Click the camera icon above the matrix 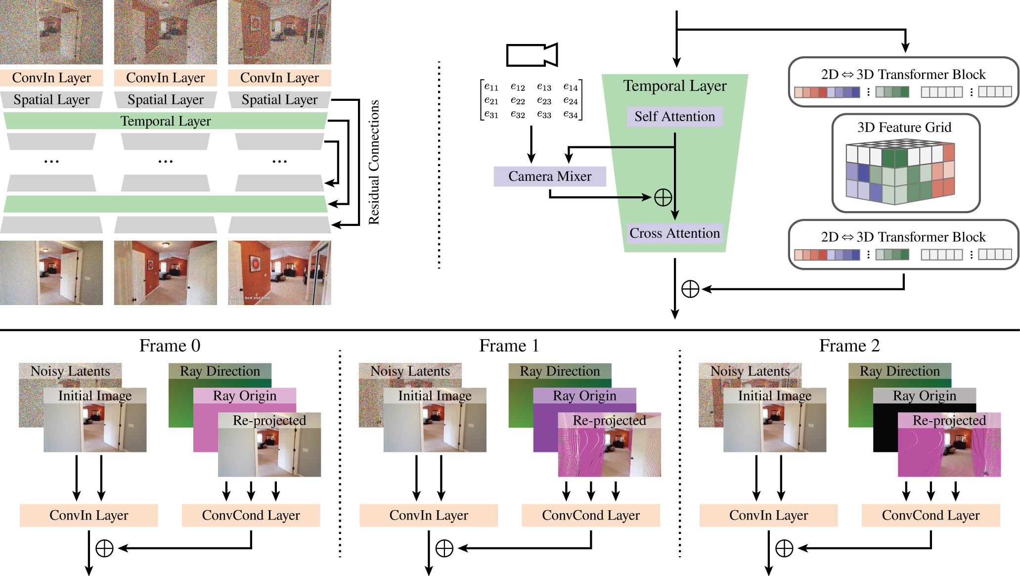tap(532, 54)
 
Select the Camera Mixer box tap(549, 177)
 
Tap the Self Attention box tap(674, 117)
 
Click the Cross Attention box tap(674, 233)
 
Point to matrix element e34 tap(570, 115)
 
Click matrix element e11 tap(491, 87)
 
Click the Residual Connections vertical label tap(374, 162)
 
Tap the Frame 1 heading tap(509, 346)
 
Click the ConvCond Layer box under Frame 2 tap(931, 515)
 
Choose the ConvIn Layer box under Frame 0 tap(89, 515)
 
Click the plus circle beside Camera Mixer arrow tap(663, 197)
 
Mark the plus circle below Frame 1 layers tap(444, 548)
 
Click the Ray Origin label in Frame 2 tap(924, 396)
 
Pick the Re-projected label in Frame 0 tap(269, 420)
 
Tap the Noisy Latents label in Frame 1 tap(410, 371)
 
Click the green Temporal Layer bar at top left tap(165, 121)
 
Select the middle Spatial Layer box tap(165, 100)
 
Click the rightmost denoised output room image tap(279, 272)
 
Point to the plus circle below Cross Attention tap(690, 289)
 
